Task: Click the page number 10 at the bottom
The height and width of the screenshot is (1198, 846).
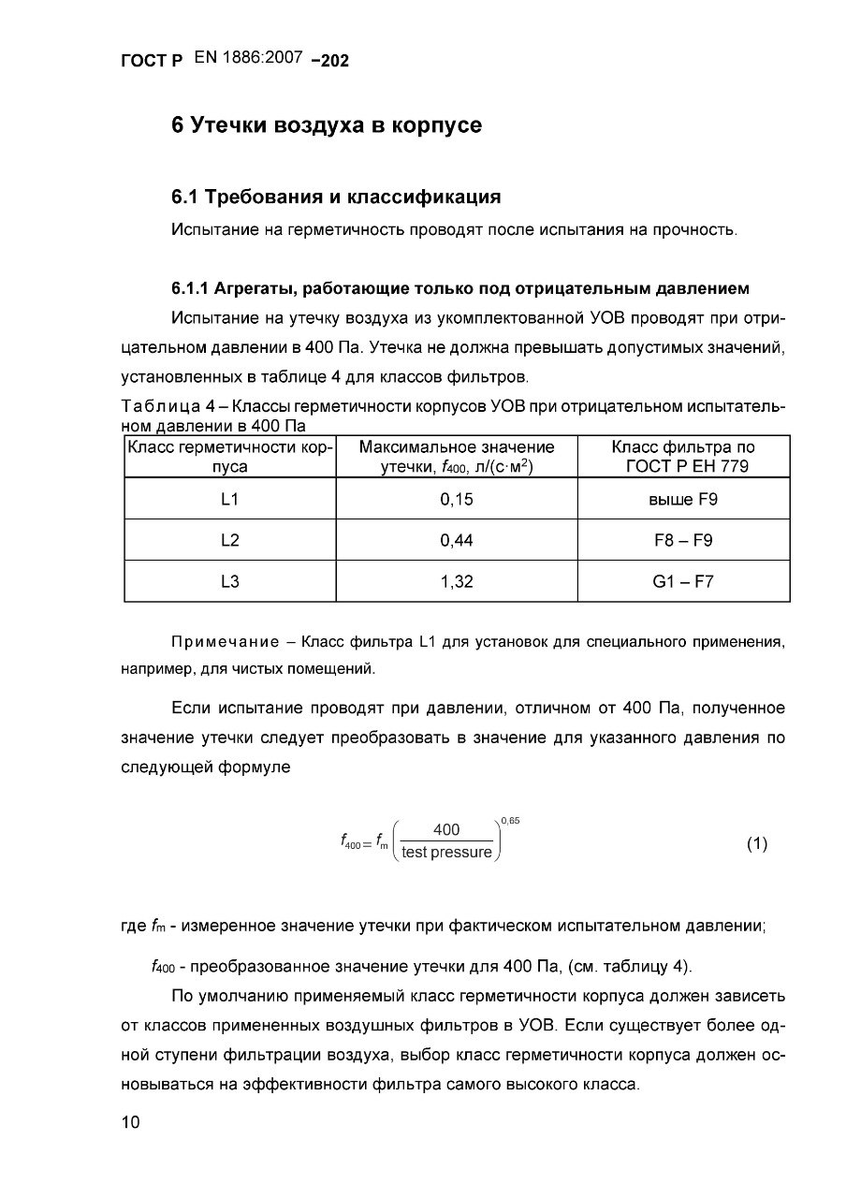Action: [x=130, y=1123]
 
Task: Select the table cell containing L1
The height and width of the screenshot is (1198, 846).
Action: [x=230, y=500]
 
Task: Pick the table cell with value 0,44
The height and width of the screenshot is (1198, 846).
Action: [x=457, y=540]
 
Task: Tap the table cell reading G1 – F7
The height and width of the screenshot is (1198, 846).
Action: [x=683, y=581]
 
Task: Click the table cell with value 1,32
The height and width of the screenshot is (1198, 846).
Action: [x=457, y=581]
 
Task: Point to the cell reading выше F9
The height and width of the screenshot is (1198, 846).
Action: [x=683, y=500]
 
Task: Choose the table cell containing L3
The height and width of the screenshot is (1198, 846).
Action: [x=230, y=581]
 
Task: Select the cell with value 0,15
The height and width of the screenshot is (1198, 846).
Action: [x=457, y=500]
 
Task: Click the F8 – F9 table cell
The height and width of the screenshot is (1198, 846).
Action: [x=683, y=540]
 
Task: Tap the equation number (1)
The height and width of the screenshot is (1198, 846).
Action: [x=756, y=844]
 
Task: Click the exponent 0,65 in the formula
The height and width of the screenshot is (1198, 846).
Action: [x=510, y=821]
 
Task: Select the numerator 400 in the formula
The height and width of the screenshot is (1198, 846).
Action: [x=446, y=829]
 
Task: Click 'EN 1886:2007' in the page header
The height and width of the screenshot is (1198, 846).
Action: [x=248, y=58]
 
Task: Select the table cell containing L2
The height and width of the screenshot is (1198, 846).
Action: [x=230, y=540]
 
